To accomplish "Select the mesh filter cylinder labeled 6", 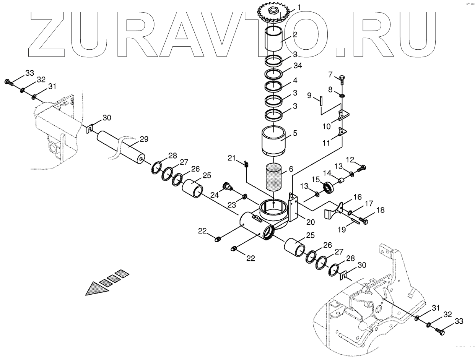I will pos(274,177).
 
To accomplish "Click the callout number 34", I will pos(297,66).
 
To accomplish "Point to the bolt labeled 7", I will pos(342,79).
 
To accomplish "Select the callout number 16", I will pos(357,197).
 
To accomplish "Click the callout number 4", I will pos(295,81).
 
